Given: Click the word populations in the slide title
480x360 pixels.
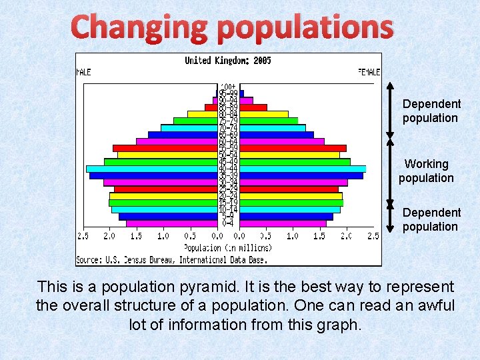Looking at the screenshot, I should coord(305,27).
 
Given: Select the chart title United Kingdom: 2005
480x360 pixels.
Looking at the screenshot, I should coord(228,61).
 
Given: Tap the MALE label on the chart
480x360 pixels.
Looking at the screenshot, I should coord(84,71).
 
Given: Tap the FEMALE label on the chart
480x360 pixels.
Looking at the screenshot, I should coord(369,71).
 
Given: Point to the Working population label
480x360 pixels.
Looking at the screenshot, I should coord(427,171).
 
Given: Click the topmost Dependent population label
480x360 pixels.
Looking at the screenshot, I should coord(431,111).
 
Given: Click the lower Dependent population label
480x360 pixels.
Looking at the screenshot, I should coord(431,219).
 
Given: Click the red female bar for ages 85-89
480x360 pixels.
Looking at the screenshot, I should coord(253,107).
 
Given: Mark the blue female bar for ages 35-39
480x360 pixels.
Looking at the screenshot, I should coord(301,176).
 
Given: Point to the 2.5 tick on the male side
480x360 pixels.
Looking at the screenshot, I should coord(83,236).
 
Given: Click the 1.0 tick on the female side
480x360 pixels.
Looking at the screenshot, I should coord(293,236).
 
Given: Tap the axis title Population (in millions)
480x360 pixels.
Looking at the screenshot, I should coord(228,247).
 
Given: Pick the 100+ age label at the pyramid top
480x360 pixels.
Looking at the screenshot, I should coord(228,87).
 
